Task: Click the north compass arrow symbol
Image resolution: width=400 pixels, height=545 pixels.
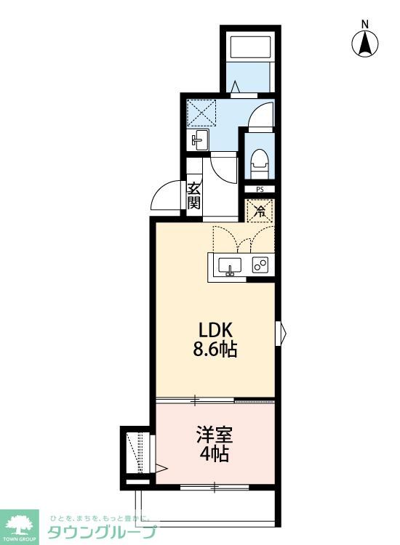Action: [x=364, y=44]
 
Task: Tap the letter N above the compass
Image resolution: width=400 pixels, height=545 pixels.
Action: [x=364, y=24]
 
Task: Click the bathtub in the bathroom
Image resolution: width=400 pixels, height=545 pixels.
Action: [x=250, y=48]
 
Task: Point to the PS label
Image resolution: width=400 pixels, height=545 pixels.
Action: [x=260, y=190]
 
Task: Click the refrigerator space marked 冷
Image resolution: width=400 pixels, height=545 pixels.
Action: [x=260, y=211]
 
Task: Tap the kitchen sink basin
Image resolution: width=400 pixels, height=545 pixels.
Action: [x=230, y=267]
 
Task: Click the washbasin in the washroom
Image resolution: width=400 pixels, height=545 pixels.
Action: [x=199, y=140]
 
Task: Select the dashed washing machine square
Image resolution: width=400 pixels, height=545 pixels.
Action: [x=201, y=113]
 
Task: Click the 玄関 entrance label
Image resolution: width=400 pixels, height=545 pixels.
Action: [x=193, y=195]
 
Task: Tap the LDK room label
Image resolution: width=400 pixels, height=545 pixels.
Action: [x=215, y=330]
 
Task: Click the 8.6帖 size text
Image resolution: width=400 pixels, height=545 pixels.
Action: [x=215, y=350]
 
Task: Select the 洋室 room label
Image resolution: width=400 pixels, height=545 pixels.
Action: [x=215, y=435]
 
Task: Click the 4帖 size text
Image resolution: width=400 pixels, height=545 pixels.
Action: [x=215, y=454]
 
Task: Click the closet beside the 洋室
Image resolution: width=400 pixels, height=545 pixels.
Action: [x=137, y=453]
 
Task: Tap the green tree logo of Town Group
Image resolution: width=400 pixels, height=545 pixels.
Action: [x=19, y=525]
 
